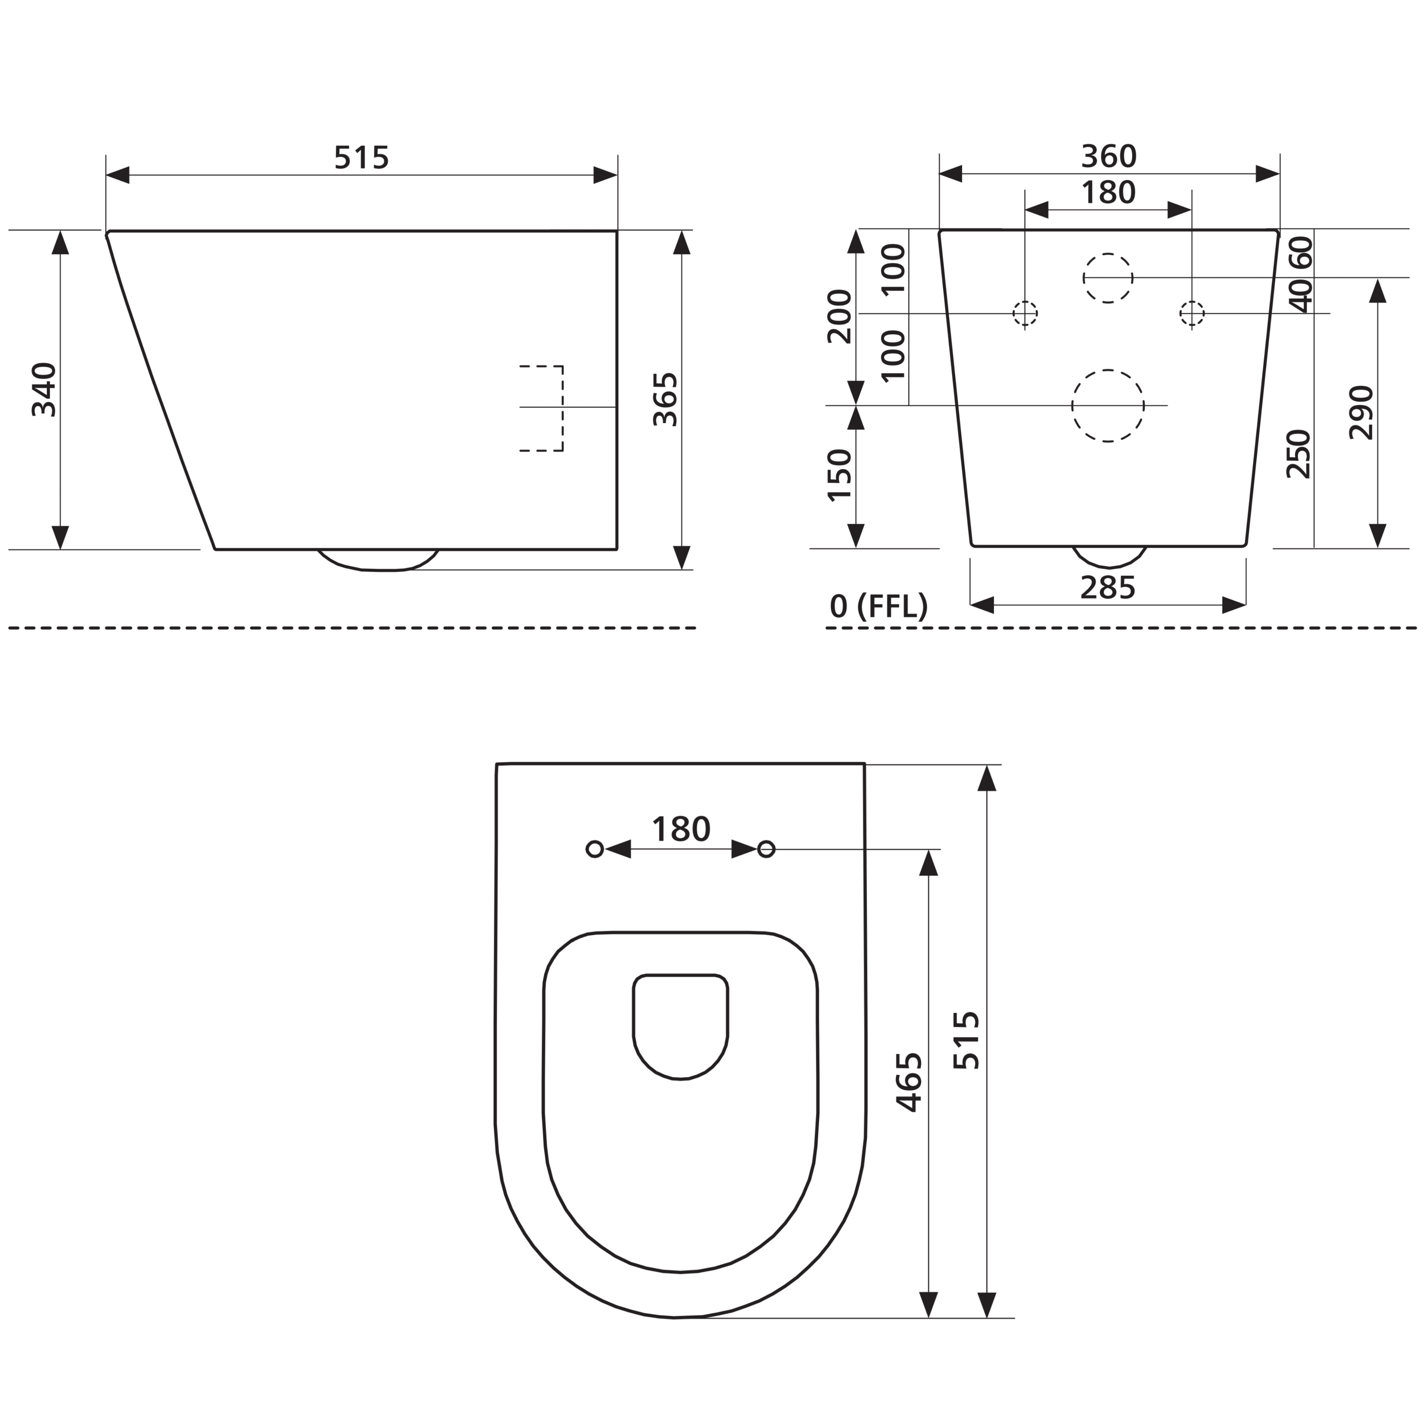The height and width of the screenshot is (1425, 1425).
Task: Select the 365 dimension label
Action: coord(666,400)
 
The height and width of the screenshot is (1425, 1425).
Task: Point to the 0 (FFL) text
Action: coord(879,606)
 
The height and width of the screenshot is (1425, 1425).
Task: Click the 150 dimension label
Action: coord(840,476)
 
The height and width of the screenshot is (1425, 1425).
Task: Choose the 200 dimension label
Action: coord(840,317)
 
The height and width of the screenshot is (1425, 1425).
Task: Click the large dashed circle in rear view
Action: coord(1108,406)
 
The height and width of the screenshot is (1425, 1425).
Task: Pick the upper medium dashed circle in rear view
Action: coord(1108,278)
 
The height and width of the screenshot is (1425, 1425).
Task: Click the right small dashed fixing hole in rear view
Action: coord(1192,313)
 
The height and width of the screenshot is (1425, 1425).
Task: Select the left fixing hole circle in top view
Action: coord(595,849)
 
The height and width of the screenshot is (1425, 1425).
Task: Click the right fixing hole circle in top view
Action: coord(766,849)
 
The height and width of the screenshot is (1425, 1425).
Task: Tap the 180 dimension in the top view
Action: coord(681,830)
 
